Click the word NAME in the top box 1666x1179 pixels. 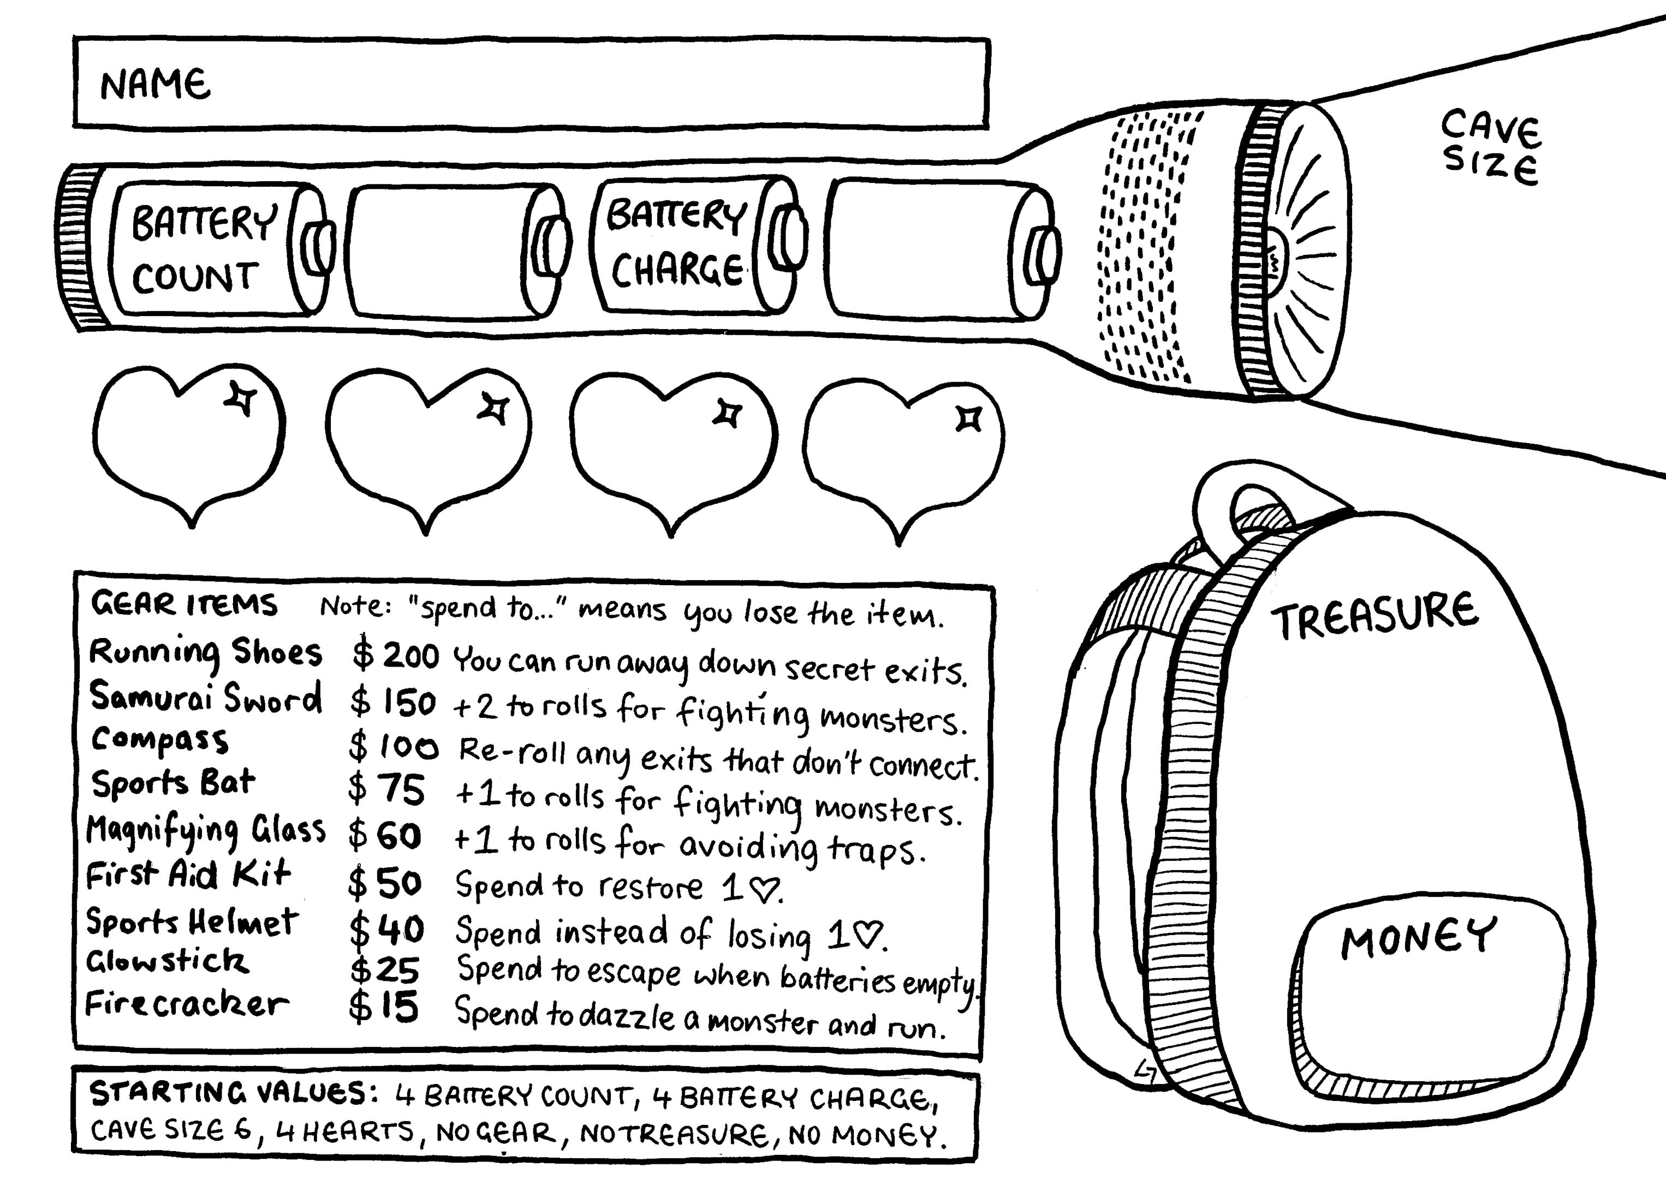point(156,85)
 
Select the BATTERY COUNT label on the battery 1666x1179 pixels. point(203,249)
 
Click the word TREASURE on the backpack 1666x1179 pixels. point(1374,615)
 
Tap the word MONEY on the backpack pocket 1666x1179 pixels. point(1418,938)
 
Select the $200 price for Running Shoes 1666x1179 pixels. point(396,655)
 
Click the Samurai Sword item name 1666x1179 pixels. point(205,698)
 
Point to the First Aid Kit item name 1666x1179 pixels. point(188,874)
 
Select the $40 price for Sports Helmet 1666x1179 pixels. point(386,929)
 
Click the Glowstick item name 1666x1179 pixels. point(168,961)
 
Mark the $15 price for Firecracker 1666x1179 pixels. point(383,1008)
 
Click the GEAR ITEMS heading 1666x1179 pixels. point(183,605)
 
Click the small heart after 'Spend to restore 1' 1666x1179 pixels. point(764,889)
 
